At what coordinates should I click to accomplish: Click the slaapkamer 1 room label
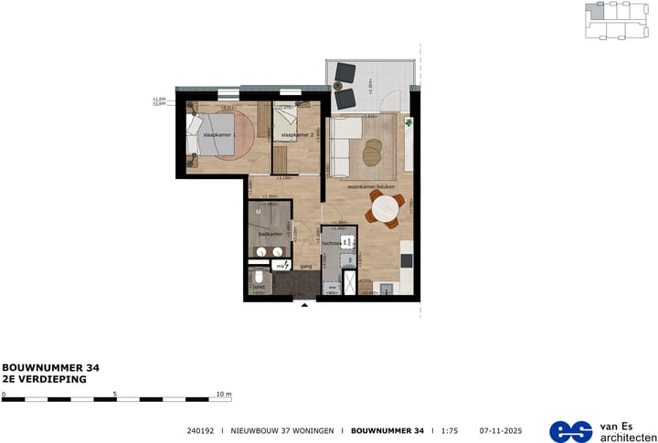point(219,134)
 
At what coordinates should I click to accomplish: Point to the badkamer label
point(269,234)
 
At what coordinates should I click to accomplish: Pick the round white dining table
point(385,209)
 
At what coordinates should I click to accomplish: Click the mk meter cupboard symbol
point(281,266)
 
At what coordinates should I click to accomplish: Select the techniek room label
point(330,244)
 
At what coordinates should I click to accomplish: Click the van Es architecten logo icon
point(571,430)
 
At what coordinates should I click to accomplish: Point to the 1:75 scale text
point(450,429)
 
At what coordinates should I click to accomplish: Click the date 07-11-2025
point(499,429)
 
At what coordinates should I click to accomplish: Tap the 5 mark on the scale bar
point(115,394)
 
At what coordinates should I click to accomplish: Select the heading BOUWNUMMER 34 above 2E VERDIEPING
point(50,367)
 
